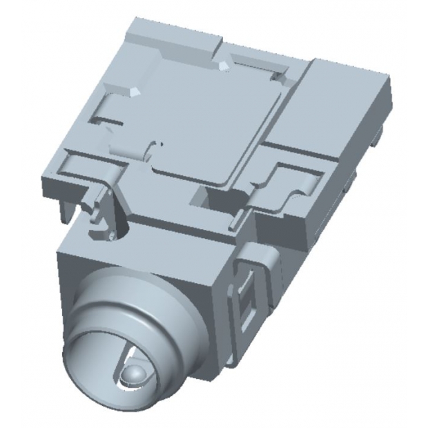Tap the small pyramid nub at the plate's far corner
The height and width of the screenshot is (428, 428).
click(224, 64)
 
